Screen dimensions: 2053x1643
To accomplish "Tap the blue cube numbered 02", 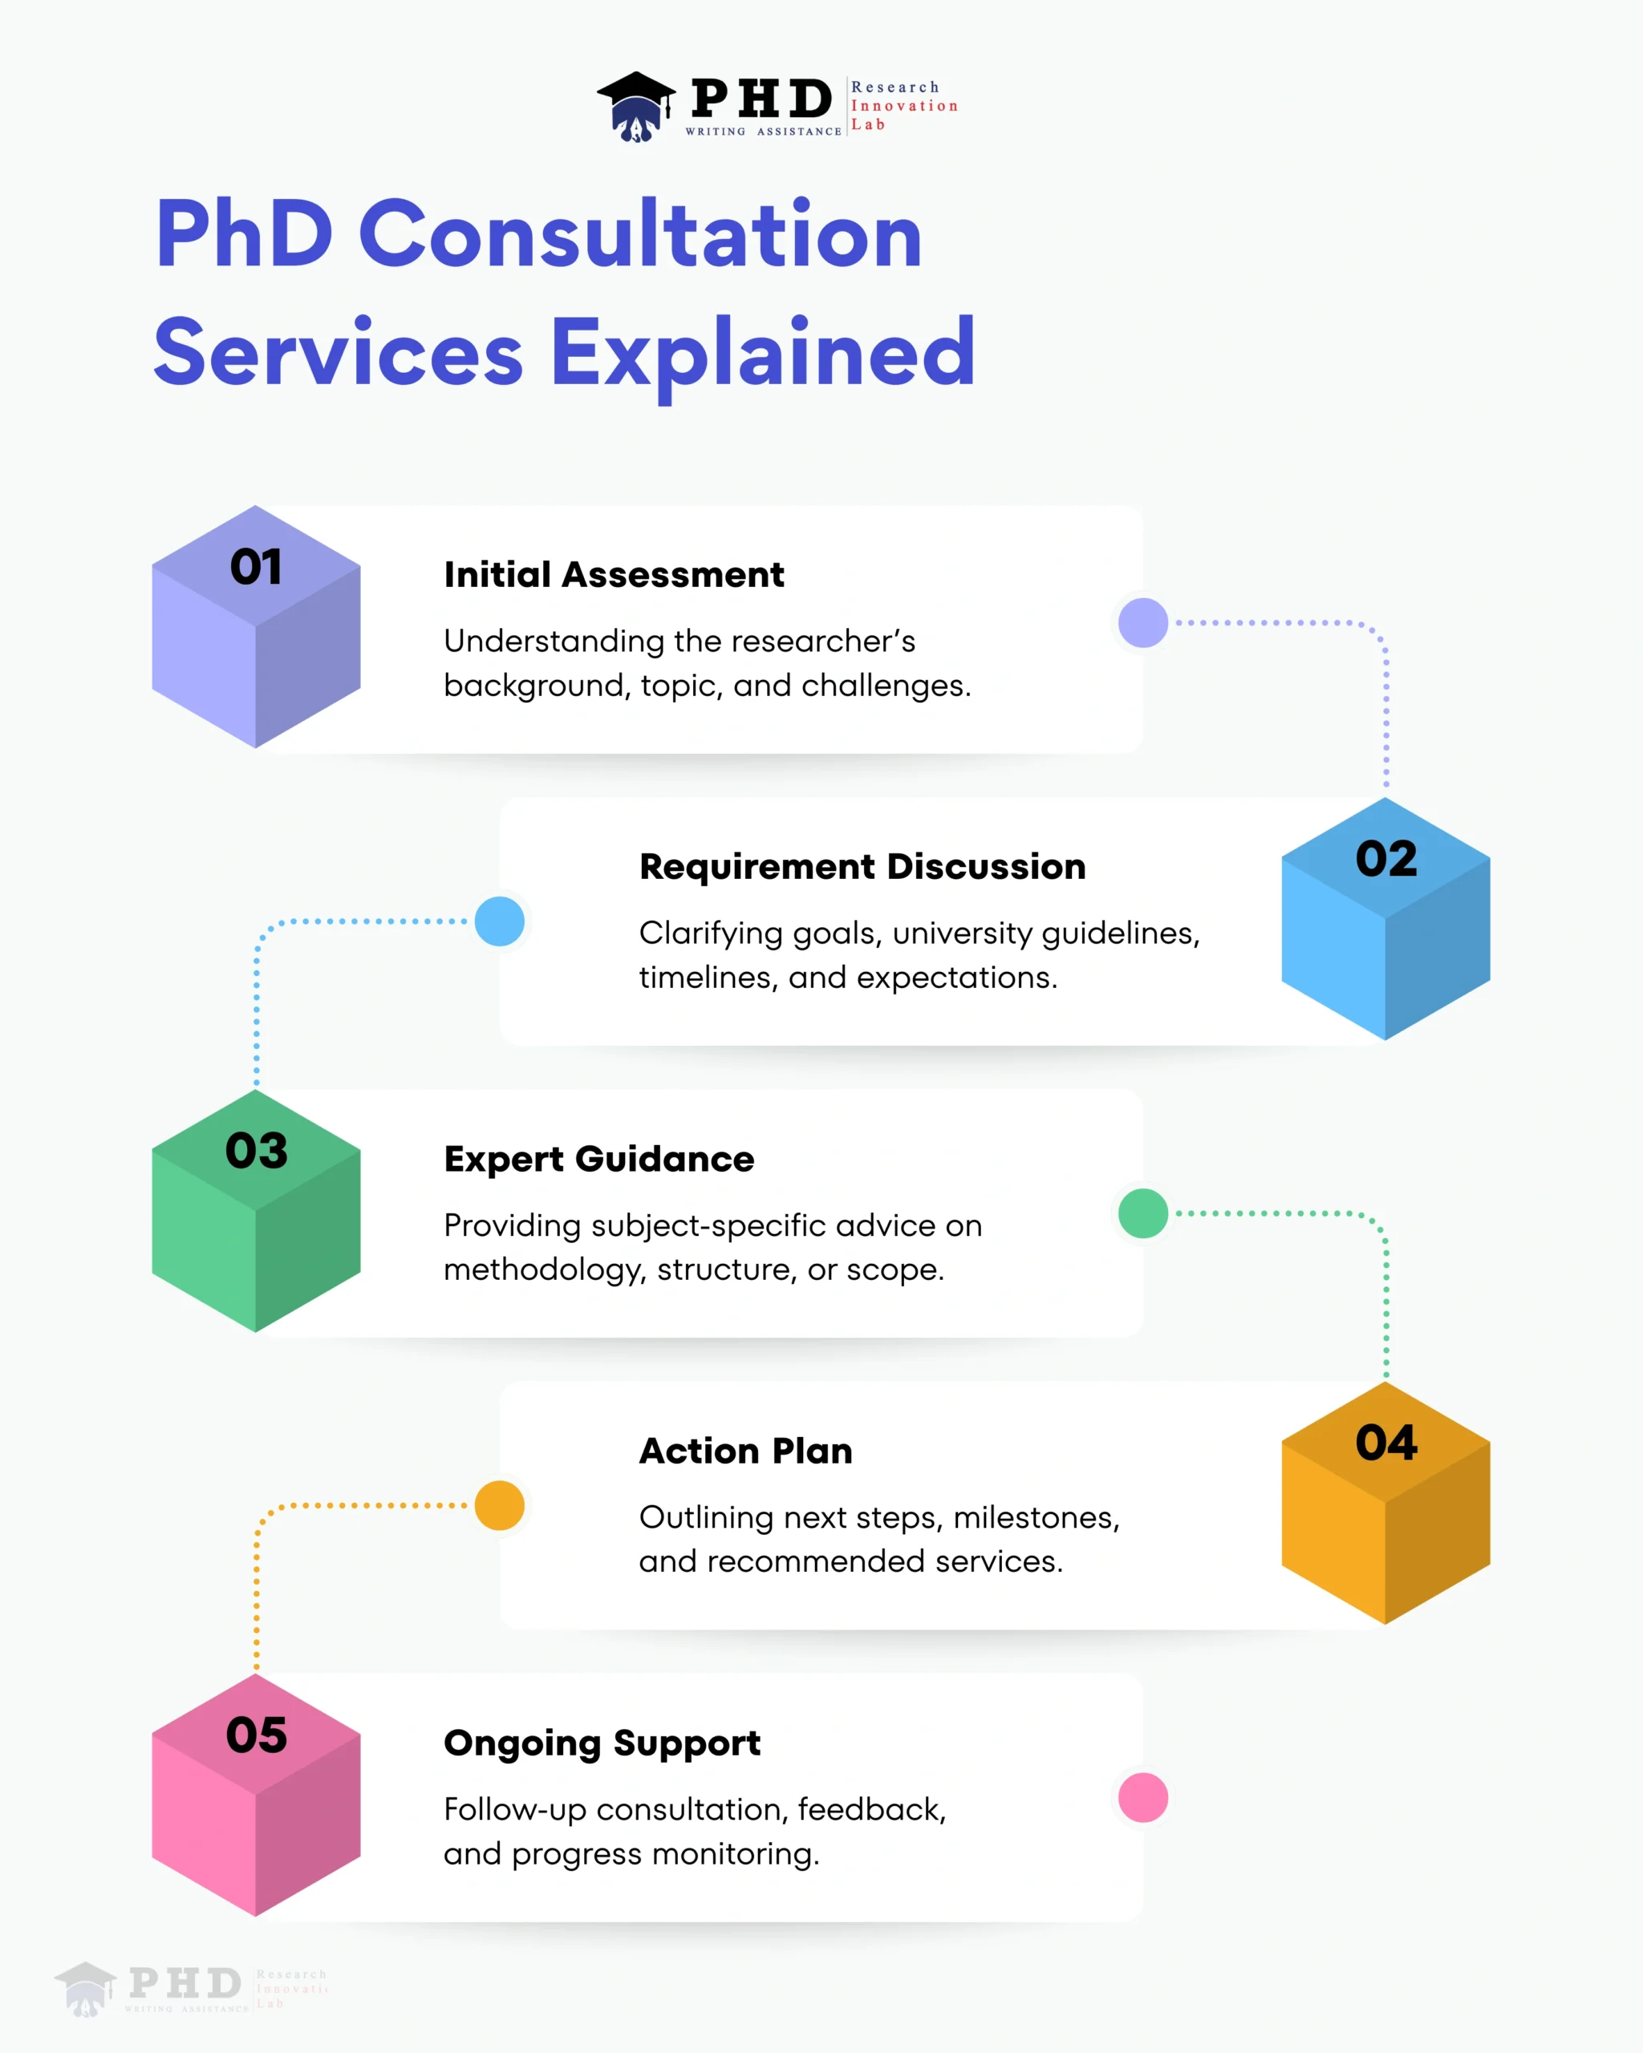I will [x=1385, y=919].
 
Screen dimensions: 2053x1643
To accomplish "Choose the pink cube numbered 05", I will [x=255, y=1795].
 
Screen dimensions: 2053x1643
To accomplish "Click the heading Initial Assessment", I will [x=614, y=575].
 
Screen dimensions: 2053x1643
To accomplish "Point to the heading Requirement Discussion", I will [x=862, y=867].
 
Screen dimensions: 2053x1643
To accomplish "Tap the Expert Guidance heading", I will [x=598, y=1159].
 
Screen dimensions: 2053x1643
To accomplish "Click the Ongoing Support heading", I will [x=602, y=1743].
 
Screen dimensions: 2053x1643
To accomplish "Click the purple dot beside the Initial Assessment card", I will [x=1143, y=623].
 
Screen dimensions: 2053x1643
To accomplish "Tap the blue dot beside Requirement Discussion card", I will [x=499, y=921].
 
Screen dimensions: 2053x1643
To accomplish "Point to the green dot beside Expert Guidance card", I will [x=1143, y=1213].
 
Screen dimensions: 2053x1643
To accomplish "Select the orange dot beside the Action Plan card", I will [x=499, y=1505].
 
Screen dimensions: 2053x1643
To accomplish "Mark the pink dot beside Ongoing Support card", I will [x=1143, y=1798].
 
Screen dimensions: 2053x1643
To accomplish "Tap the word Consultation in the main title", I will [x=640, y=235].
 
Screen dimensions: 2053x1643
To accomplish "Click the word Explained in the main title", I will [x=763, y=354].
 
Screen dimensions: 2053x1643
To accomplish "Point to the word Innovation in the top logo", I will [x=904, y=106].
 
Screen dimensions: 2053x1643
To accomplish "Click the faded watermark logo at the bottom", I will [x=190, y=1988].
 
